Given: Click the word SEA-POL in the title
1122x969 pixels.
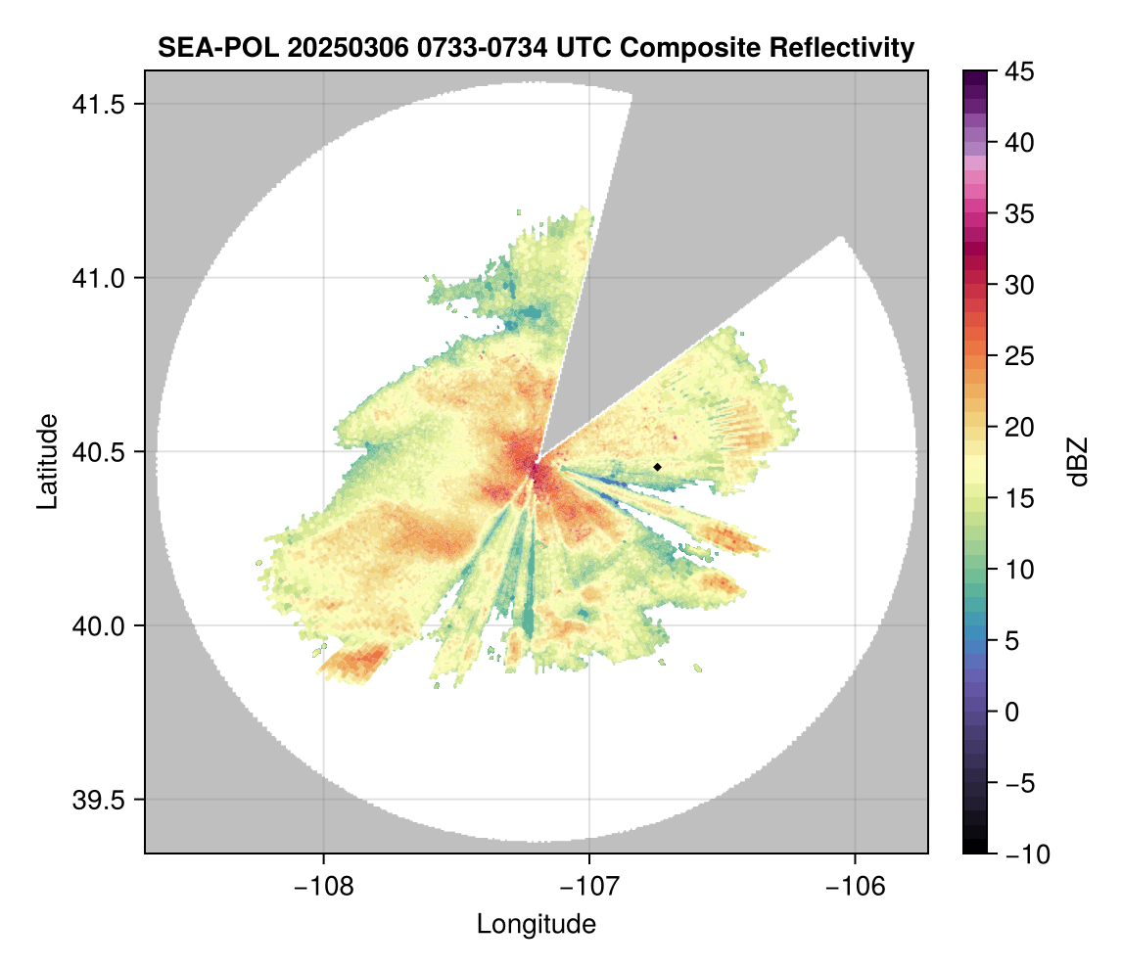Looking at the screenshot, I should point(207,47).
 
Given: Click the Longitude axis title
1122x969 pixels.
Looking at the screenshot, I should point(536,923).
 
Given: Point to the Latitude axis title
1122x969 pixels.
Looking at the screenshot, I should point(47,461).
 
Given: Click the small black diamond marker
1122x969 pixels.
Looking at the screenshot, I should point(658,467).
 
